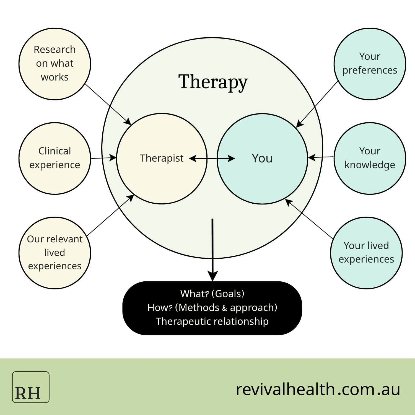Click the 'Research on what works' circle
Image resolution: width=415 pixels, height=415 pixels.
coord(55,64)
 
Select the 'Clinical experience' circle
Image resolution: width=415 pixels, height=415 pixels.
coord(55,158)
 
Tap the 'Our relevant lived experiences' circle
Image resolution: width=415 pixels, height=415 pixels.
coord(55,253)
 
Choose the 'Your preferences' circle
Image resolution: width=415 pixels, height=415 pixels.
coord(370,64)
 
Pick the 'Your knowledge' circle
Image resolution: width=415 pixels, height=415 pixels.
coord(370,158)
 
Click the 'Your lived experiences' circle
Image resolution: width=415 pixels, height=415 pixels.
coord(366,253)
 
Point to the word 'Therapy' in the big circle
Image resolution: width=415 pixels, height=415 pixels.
coord(213,82)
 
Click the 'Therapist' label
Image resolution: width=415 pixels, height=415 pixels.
coord(162,158)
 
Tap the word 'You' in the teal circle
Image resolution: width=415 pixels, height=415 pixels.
coord(262,158)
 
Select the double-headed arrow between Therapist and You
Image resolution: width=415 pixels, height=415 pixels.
coord(212,159)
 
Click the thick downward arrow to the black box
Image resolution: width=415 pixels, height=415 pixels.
coord(212,249)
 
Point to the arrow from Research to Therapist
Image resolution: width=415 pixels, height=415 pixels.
coord(108,104)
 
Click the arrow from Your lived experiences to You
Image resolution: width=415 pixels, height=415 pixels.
coord(309,219)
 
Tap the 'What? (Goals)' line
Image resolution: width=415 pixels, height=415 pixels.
coord(212,294)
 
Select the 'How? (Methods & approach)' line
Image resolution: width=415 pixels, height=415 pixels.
coord(212,307)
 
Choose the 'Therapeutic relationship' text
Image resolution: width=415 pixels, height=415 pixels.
coord(212,321)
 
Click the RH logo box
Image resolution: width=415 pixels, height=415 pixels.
coord(31,387)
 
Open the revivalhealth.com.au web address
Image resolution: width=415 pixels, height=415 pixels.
coord(318,389)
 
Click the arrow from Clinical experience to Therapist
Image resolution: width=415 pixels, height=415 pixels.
coord(103,158)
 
